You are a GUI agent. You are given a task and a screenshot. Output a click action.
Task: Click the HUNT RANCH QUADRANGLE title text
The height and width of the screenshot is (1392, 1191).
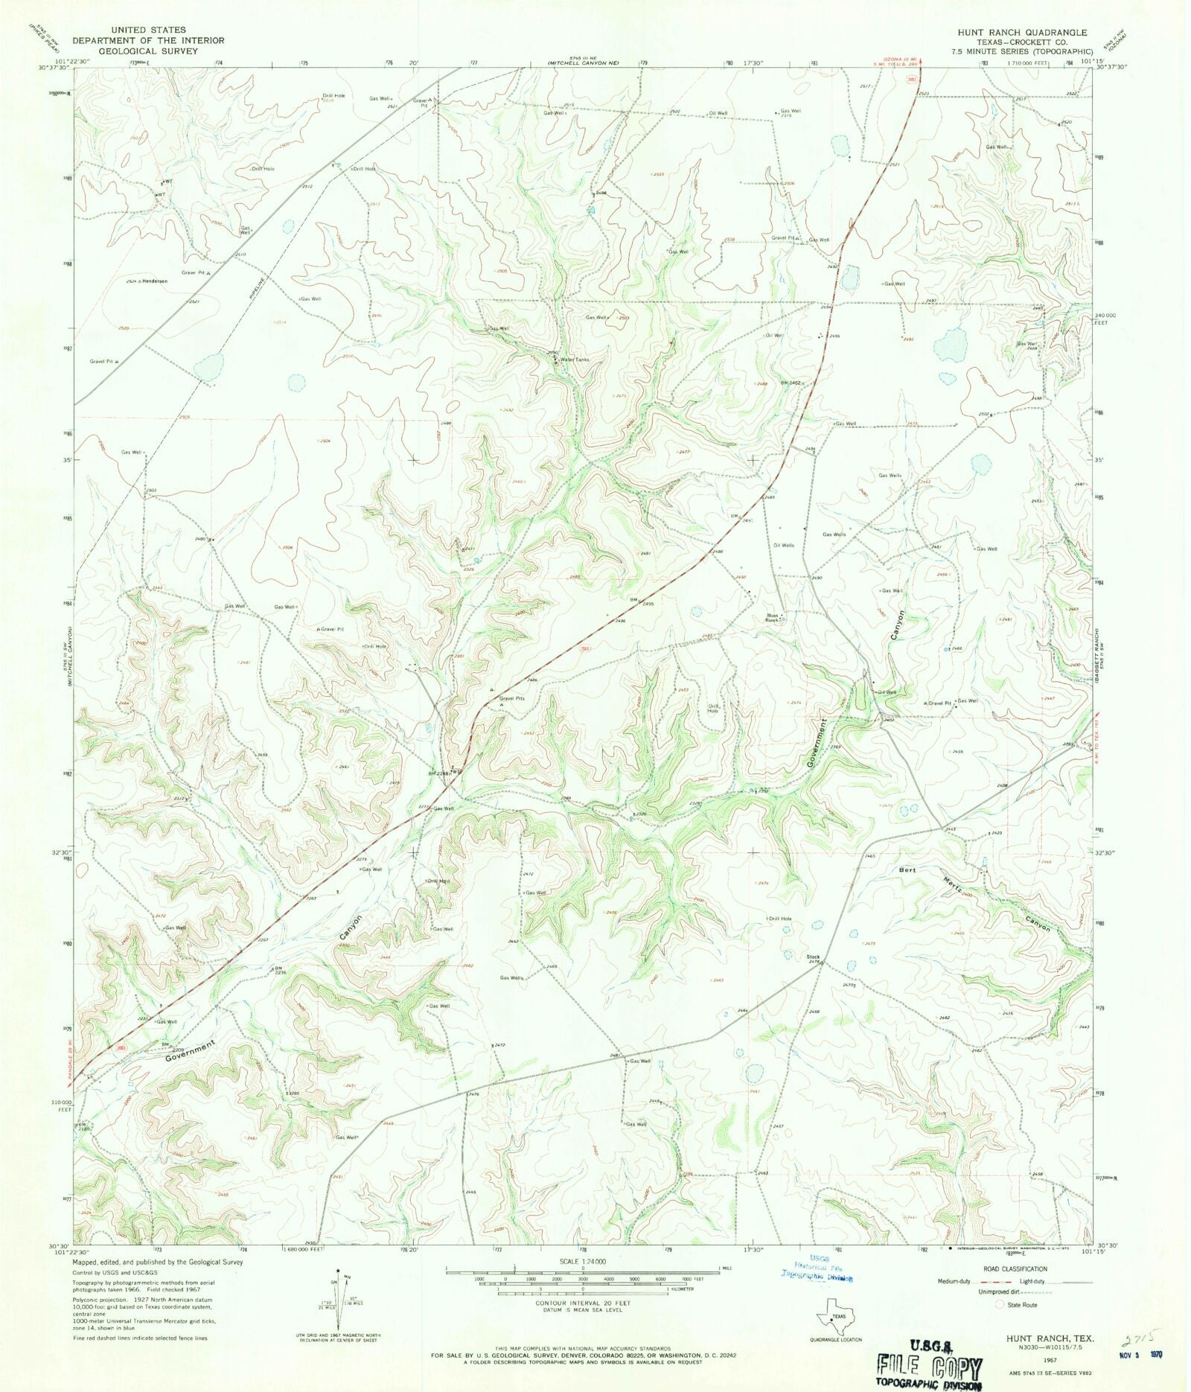coord(1023,33)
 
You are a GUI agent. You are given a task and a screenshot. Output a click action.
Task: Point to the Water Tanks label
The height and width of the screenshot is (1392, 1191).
coord(575,360)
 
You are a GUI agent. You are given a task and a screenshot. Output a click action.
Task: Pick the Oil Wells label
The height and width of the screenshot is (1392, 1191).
coord(784,545)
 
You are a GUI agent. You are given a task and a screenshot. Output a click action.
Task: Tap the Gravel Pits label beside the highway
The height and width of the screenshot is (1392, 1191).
coord(512,698)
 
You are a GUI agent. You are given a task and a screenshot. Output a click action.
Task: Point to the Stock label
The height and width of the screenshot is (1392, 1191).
coord(813,957)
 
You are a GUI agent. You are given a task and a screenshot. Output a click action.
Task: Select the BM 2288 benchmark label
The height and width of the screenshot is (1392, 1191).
coord(438,773)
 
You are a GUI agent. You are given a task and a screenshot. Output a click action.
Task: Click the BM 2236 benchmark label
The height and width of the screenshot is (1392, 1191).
coord(280,970)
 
